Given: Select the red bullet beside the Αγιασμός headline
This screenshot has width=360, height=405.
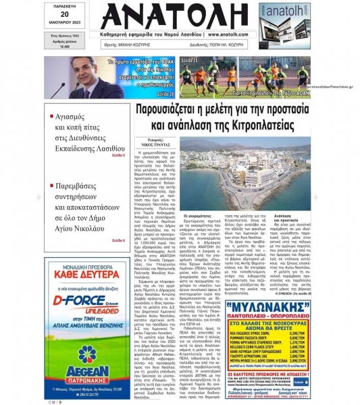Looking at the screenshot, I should click(70, 117).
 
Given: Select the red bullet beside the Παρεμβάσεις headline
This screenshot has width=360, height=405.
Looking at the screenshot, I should click(70, 182).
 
